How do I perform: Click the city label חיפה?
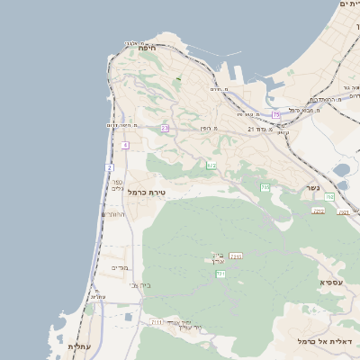148,48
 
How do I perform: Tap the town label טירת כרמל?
148,193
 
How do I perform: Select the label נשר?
313,188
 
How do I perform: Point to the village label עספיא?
330,282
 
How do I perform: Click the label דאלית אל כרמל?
328,342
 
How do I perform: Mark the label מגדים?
121,267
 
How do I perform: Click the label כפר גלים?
117,183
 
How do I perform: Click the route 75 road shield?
276,115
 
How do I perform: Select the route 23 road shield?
165,129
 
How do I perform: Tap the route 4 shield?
125,145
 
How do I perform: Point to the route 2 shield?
110,167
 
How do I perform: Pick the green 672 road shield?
211,166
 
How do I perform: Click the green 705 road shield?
265,187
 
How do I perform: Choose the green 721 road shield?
220,274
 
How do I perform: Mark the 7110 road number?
236,256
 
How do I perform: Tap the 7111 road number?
157,321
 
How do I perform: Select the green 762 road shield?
329,196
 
